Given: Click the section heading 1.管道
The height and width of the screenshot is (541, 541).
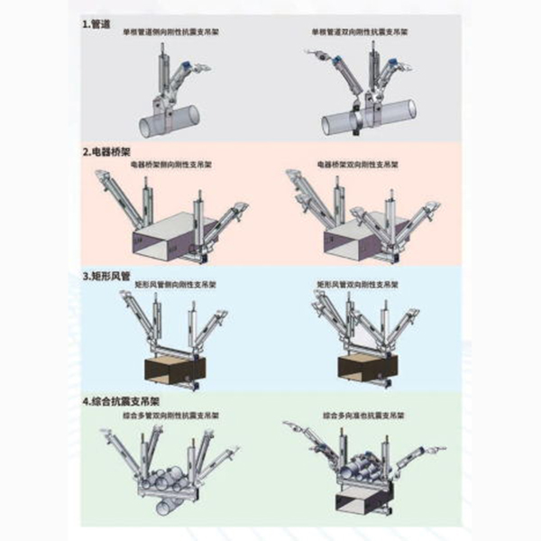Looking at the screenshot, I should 94,24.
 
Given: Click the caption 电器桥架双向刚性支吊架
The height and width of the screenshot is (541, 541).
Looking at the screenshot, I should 353,166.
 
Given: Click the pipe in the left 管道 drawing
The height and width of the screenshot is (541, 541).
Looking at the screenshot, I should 172,116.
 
